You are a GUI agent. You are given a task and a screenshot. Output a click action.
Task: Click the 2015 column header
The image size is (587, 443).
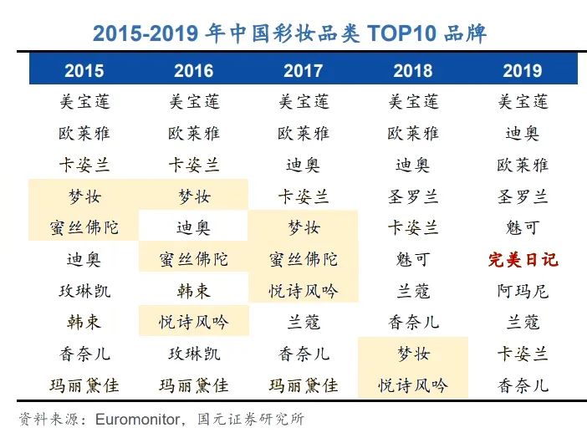coord(84,70)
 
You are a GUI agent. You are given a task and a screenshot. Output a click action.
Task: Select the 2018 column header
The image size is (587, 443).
coord(413,70)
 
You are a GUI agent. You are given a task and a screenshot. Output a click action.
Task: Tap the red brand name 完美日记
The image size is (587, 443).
coord(523,259)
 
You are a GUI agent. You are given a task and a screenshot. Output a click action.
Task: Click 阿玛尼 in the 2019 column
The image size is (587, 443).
coord(523,291)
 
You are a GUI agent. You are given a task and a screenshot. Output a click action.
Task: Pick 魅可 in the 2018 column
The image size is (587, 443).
coord(413,259)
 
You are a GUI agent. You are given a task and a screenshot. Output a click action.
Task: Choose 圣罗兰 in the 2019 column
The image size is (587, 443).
coord(523,196)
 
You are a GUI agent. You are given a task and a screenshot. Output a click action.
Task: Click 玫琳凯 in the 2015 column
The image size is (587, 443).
coord(84,291)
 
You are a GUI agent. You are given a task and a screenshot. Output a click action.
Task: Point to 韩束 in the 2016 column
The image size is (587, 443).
coord(194,291)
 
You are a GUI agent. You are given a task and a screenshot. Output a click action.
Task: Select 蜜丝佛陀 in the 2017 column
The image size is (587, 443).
coord(304,259)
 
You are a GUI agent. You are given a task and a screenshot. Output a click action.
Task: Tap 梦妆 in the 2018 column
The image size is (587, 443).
coord(413,354)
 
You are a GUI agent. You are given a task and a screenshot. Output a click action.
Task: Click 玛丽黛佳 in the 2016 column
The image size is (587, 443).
coord(194,385)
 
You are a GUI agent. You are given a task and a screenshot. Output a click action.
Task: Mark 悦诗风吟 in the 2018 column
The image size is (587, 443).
coord(413,385)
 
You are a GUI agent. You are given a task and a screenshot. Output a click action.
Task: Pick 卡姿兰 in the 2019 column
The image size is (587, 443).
coord(523,354)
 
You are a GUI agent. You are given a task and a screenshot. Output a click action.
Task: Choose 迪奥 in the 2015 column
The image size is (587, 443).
coord(84,259)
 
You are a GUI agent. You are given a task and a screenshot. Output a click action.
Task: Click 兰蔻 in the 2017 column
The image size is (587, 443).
coord(304,322)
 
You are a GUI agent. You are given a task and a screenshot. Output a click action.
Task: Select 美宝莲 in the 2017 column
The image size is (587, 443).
coord(304,102)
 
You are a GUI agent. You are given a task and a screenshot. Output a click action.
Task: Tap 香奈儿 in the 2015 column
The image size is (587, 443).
coord(84,354)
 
